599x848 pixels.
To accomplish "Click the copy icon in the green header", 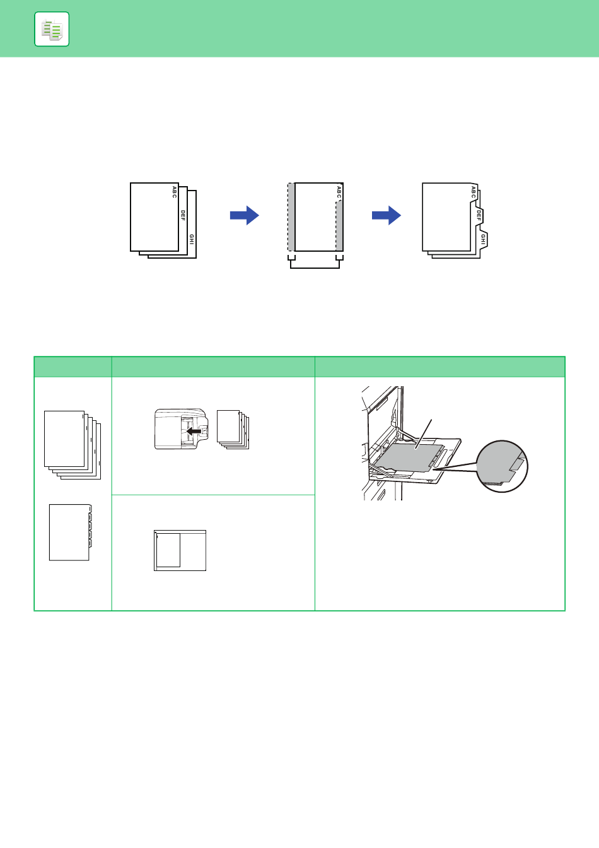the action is coord(52,29).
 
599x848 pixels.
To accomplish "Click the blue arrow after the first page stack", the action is coord(245,215).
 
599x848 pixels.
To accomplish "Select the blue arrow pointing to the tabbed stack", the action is coord(387,215).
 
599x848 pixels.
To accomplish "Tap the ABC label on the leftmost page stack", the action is coord(174,192).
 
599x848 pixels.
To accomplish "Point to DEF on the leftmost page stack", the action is coord(183,215).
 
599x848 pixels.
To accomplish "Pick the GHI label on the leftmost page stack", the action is coord(192,239).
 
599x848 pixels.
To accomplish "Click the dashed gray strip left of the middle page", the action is coord(291,217).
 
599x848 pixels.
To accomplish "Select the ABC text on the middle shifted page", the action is coord(339,192).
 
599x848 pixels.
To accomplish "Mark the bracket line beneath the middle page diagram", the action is coord(315,268).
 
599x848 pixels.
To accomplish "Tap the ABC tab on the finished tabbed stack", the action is coord(474,192).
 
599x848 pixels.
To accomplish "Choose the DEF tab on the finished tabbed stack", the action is coord(479,215).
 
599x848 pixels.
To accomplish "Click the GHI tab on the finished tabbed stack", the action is coord(483,239).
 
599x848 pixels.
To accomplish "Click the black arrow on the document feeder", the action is coord(194,431).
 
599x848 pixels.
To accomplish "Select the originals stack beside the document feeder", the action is coord(233,429).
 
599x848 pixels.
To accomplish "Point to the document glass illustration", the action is coord(180,550).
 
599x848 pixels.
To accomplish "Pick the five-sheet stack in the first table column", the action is coord(73,445).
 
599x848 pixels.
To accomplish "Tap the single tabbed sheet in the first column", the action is coord(71,532).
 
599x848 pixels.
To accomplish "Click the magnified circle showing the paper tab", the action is coord(502,466).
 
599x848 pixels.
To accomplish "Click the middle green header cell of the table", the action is coord(213,367).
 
